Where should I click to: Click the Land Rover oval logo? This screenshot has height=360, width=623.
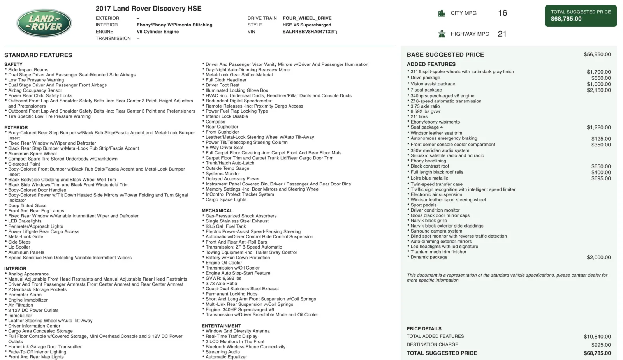click(x=44, y=23)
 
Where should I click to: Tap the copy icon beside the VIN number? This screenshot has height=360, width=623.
click(x=335, y=32)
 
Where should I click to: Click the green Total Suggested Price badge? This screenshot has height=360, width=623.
click(x=581, y=16)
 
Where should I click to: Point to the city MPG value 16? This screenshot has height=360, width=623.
click(x=502, y=13)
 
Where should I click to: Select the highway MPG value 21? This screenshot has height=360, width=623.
click(x=502, y=34)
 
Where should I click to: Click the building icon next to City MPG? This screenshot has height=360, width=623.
click(x=442, y=13)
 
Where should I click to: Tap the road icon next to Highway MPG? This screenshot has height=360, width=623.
click(x=442, y=34)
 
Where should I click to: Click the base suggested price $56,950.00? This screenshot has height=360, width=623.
click(x=597, y=55)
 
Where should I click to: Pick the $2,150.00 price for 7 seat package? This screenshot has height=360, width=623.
click(x=598, y=90)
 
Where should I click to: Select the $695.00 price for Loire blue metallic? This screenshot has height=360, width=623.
click(x=601, y=178)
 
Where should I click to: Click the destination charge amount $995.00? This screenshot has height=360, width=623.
click(x=601, y=345)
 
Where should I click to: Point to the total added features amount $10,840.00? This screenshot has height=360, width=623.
click(x=597, y=337)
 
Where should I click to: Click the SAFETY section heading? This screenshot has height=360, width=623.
click(x=13, y=64)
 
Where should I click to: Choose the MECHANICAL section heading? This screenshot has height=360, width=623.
click(x=217, y=211)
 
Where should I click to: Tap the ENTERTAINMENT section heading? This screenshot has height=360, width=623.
click(x=221, y=326)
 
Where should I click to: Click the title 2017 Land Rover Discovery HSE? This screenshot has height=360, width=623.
click(x=148, y=9)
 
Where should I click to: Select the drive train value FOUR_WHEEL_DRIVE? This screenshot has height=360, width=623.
click(x=307, y=18)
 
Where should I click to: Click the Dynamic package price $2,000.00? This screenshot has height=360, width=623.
click(x=598, y=258)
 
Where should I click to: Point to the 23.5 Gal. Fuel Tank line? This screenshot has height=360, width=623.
click(x=226, y=226)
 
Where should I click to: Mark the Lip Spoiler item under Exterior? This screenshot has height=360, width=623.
click(x=19, y=247)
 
